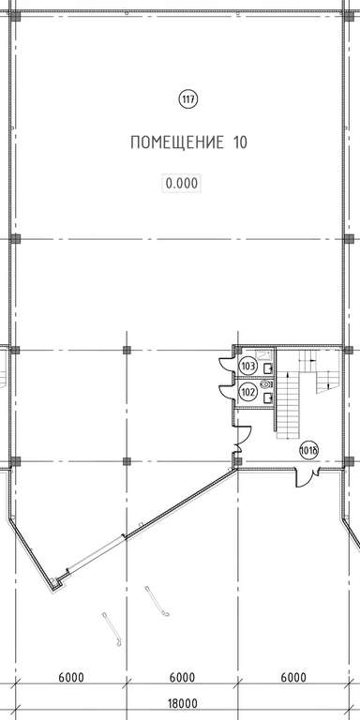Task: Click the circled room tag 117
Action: pyautogui.click(x=187, y=98)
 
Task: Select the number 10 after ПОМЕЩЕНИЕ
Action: pyautogui.click(x=236, y=142)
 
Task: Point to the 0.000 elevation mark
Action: pyautogui.click(x=182, y=184)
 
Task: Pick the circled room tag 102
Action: pyautogui.click(x=247, y=392)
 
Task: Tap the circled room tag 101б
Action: pyautogui.click(x=308, y=449)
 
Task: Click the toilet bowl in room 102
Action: pyautogui.click(x=266, y=383)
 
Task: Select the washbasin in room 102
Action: pyautogui.click(x=268, y=398)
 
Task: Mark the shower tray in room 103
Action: pyautogui.click(x=263, y=354)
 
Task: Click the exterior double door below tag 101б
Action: pyautogui.click(x=307, y=477)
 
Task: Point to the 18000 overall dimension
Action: pyautogui.click(x=183, y=703)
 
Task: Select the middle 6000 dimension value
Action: pyautogui.click(x=182, y=677)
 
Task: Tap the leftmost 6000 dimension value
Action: pyautogui.click(x=71, y=677)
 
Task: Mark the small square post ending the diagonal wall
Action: pyautogui.click(x=55, y=584)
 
